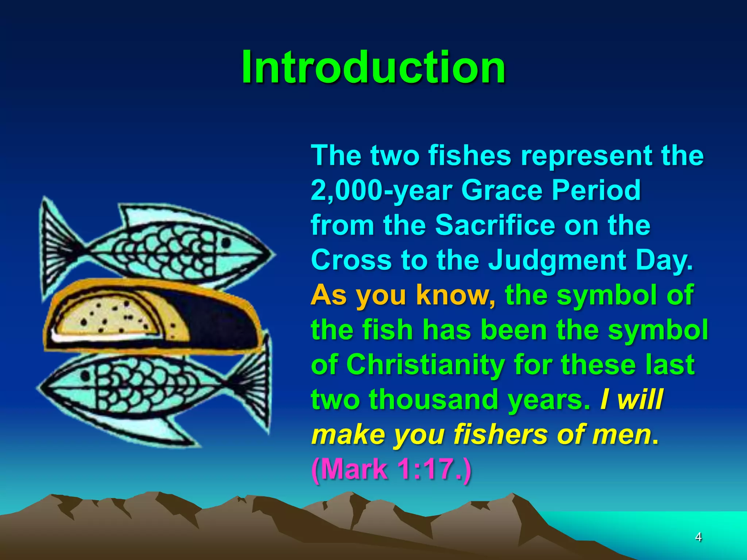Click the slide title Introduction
pos(373,67)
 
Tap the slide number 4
pos(698,537)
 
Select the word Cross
pos(351,260)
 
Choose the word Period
pos(596,191)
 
